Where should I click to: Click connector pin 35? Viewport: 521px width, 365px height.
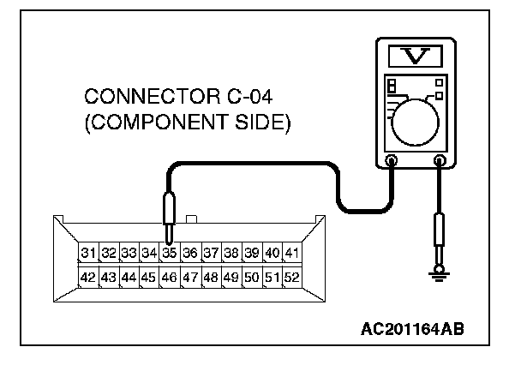[170, 254]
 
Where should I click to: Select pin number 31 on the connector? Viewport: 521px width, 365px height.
[88, 254]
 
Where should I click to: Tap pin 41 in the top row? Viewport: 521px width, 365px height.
[292, 254]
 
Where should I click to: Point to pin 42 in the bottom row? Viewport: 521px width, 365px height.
[88, 278]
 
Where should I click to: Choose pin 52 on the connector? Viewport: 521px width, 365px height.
[292, 278]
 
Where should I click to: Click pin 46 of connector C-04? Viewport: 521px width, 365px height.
[170, 278]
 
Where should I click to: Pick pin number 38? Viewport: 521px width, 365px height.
[231, 254]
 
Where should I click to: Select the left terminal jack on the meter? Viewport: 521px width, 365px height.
[392, 159]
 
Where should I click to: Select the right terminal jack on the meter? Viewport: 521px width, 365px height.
[440, 159]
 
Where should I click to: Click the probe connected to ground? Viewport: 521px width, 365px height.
[440, 232]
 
